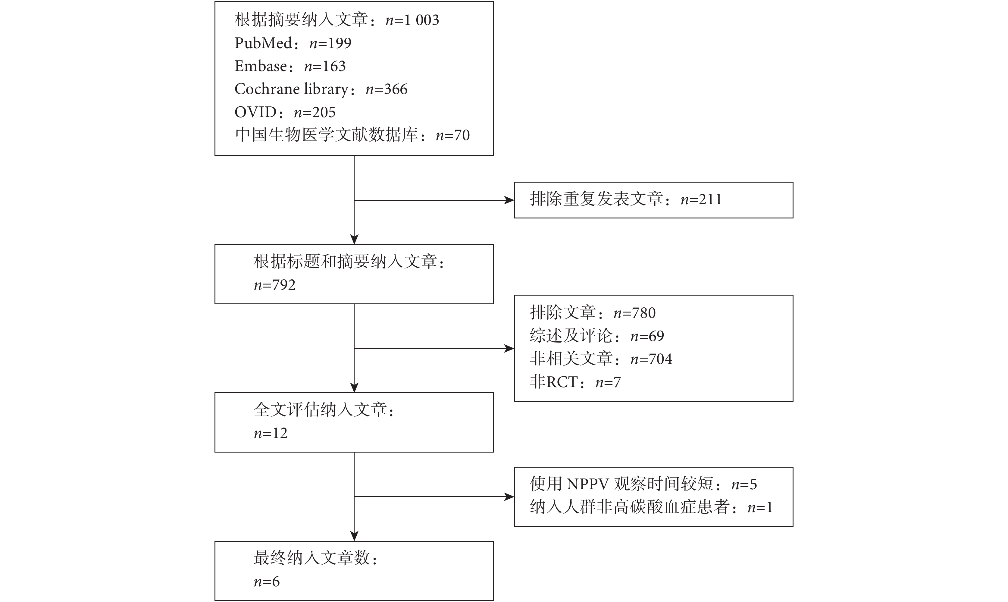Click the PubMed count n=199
click(x=330, y=43)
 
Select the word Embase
click(x=261, y=66)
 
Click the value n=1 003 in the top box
click(x=412, y=20)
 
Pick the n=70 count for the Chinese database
click(x=452, y=135)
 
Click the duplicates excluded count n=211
click(x=701, y=199)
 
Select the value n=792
click(x=274, y=285)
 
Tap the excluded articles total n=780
click(x=634, y=313)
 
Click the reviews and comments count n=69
click(x=647, y=336)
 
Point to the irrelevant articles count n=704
click(x=651, y=359)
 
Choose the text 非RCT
click(x=553, y=382)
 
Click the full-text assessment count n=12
click(x=271, y=433)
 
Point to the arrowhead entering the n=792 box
click(x=354, y=239)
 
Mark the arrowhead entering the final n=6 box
click(x=354, y=536)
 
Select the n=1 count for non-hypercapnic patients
click(x=760, y=507)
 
